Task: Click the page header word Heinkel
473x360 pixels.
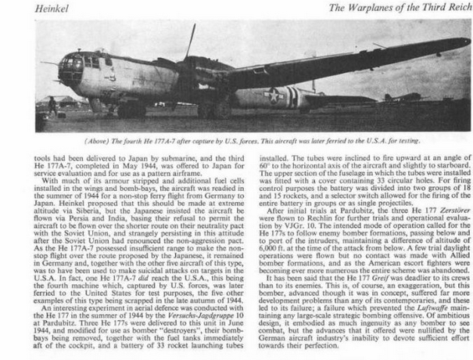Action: [x=23, y=9]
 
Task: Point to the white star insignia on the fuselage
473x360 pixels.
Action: [x=284, y=96]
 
